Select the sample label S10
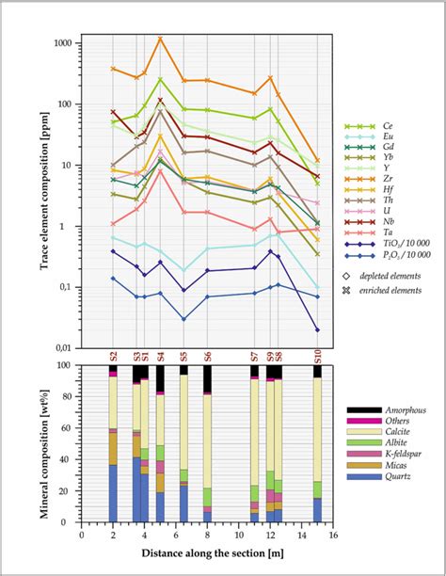coord(316,356)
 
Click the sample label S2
coord(113,357)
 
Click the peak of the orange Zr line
coord(160,39)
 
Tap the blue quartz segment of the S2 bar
coord(113,493)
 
